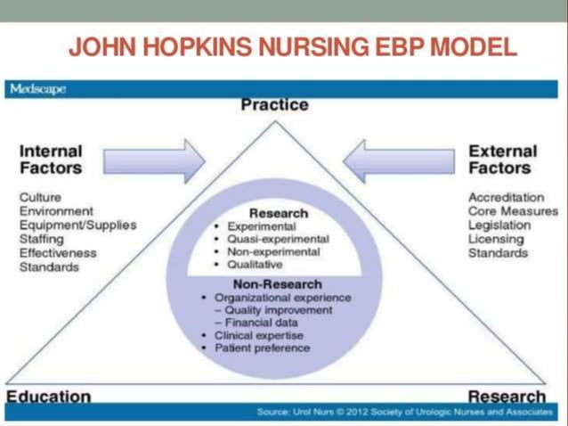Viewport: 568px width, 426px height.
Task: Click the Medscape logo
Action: click(x=37, y=89)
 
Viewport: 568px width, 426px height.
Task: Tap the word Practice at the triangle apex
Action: click(x=274, y=105)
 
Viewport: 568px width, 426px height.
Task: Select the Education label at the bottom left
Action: click(x=49, y=396)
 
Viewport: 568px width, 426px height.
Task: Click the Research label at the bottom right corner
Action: click(x=507, y=396)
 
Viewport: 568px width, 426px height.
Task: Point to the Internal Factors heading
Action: click(x=51, y=159)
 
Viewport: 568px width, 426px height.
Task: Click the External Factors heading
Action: click(x=503, y=159)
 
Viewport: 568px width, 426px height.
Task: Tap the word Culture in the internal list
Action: click(x=40, y=197)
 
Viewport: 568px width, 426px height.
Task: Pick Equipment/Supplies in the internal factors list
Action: click(x=78, y=225)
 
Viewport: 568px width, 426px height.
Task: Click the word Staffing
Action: click(x=43, y=239)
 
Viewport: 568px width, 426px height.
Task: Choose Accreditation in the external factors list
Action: click(x=507, y=197)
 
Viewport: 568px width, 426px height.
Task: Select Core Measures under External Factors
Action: click(x=513, y=211)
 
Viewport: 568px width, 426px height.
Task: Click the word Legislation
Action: click(x=499, y=225)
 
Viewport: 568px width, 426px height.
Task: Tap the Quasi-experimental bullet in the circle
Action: click(x=277, y=239)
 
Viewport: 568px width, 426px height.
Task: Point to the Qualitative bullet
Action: click(x=255, y=264)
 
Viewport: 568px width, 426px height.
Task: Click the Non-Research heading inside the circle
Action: click(x=277, y=283)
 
